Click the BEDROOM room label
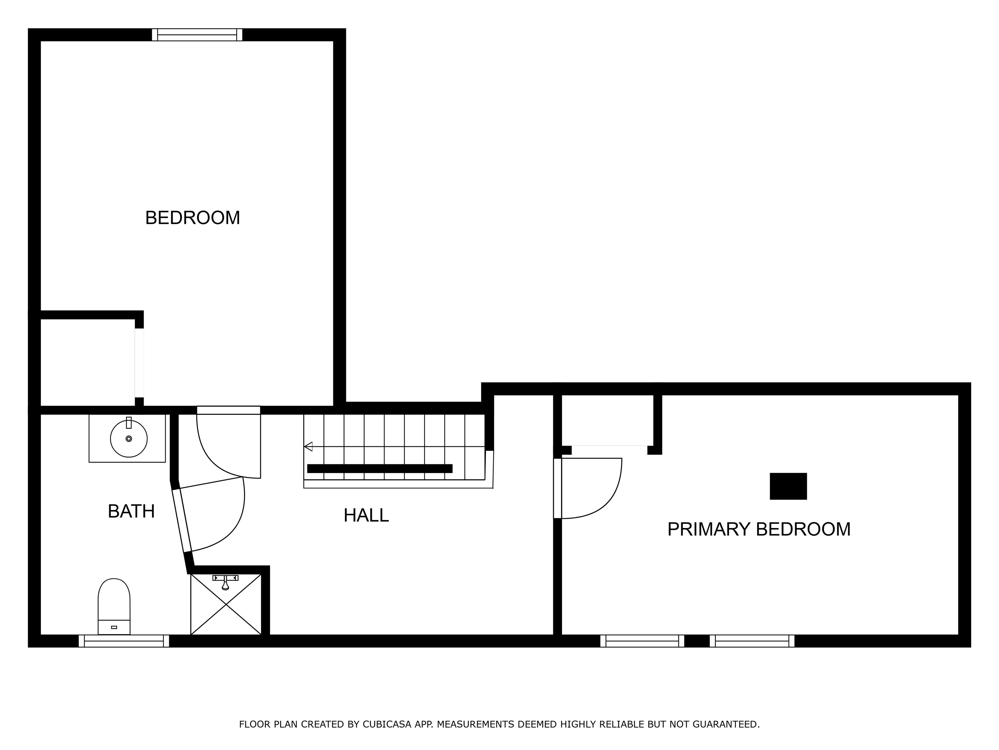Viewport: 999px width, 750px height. click(x=193, y=218)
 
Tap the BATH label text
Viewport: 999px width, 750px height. click(x=131, y=511)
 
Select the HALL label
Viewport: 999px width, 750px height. click(x=366, y=515)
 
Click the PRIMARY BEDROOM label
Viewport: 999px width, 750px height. click(x=759, y=529)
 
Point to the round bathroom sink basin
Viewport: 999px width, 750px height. click(x=129, y=438)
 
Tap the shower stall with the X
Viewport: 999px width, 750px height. click(x=226, y=604)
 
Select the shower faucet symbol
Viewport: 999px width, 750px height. click(x=225, y=582)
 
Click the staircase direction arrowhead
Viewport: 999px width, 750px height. click(x=309, y=447)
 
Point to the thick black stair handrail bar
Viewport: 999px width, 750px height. click(x=380, y=468)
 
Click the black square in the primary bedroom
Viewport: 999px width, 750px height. click(x=788, y=486)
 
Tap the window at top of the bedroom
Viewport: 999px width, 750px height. click(x=197, y=35)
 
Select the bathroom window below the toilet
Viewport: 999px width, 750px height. click(x=124, y=641)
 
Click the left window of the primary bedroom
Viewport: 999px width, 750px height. click(x=642, y=641)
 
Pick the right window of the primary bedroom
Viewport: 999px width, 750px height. click(x=752, y=641)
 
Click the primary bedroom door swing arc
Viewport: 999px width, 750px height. click(x=610, y=502)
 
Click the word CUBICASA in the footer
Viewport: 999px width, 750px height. click(x=387, y=724)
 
